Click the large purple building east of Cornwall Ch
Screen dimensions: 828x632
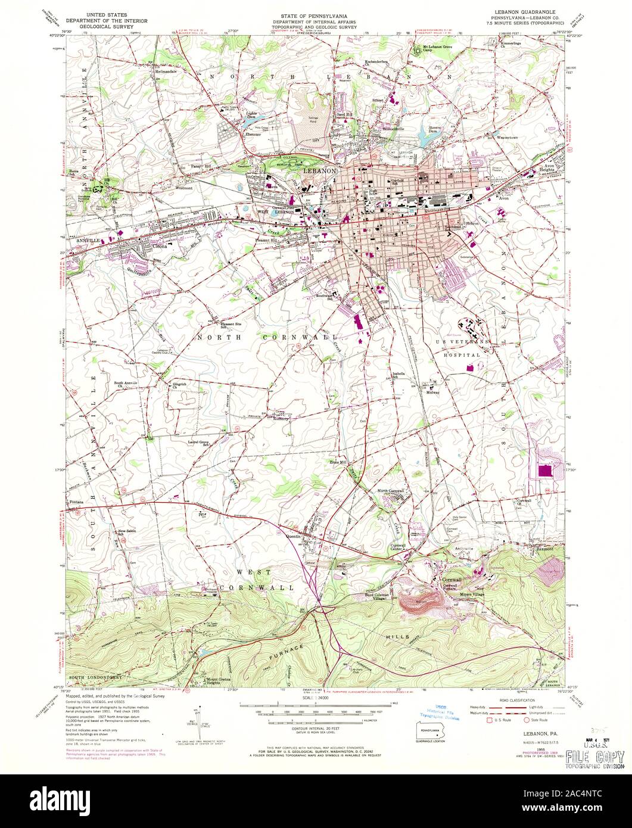click(544, 471)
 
